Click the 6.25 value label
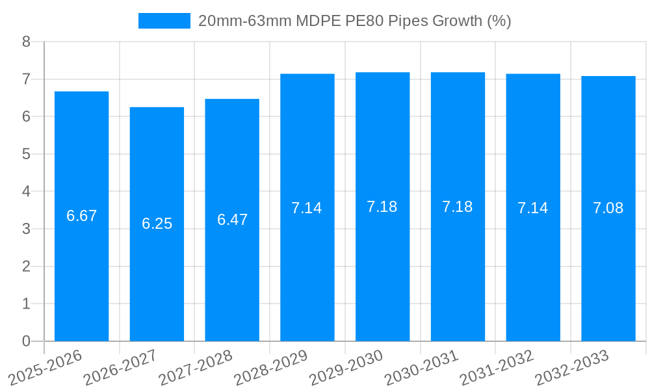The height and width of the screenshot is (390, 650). [157, 224]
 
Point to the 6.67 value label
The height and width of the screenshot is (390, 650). [81, 216]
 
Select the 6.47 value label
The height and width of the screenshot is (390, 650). [232, 220]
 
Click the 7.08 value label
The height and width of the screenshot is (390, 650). [608, 208]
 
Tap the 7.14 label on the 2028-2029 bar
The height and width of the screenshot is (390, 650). [307, 208]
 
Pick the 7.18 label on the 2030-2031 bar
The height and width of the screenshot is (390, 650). [458, 207]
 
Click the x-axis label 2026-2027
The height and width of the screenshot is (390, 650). [120, 367]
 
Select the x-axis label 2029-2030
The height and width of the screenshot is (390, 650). [346, 367]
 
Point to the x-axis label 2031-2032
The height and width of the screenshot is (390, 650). [497, 367]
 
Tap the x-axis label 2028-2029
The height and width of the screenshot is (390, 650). [270, 367]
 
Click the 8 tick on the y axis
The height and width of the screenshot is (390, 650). [26, 42]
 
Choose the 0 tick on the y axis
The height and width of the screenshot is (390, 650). [26, 341]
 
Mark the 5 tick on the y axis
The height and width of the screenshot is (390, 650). [26, 154]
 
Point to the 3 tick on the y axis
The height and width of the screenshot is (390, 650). [26, 229]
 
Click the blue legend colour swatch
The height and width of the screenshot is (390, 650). [164, 21]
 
